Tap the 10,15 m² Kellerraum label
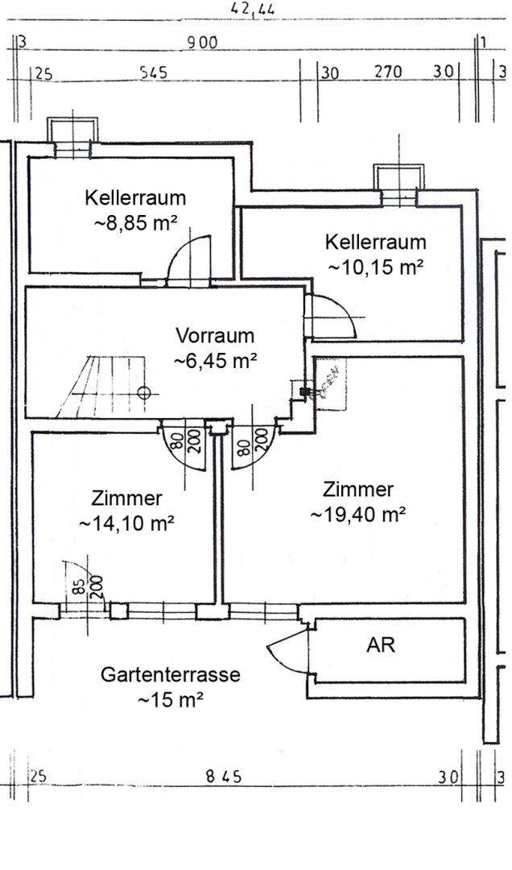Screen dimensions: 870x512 [375, 254]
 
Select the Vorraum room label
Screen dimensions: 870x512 [215, 348]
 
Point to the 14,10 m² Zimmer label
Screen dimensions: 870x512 [127, 510]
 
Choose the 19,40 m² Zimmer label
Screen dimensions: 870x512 [357, 501]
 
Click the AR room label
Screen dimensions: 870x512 [381, 644]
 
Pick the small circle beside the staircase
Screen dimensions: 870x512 [145, 393]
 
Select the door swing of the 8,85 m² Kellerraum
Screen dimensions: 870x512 [192, 258]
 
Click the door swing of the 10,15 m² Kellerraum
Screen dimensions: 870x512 [332, 317]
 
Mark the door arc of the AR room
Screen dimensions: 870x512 [288, 650]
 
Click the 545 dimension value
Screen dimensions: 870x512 [153, 73]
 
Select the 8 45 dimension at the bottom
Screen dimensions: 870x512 [223, 777]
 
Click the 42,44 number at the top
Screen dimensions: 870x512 [253, 9]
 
